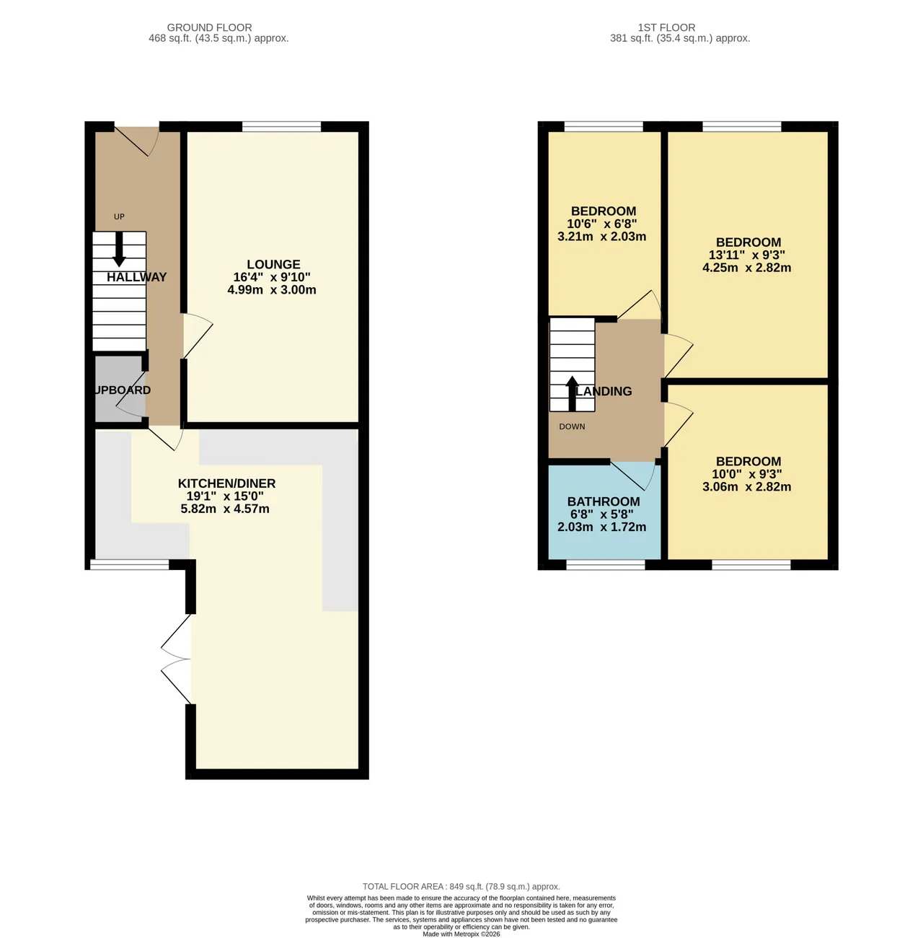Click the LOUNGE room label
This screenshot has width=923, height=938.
click(x=273, y=264)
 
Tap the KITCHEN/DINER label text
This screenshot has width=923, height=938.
click(x=226, y=483)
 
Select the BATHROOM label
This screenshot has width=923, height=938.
click(x=604, y=501)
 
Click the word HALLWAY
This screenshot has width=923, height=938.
click(x=137, y=277)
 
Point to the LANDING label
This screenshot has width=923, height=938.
click(x=604, y=391)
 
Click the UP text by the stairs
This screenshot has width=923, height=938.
click(x=119, y=216)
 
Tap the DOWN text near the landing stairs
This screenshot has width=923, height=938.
click(x=572, y=426)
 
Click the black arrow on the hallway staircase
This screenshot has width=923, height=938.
click(x=119, y=250)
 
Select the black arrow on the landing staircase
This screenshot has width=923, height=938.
click(x=573, y=394)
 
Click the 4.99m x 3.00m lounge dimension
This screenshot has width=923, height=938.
click(x=272, y=289)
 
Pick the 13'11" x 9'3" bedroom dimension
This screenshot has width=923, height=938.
click(x=747, y=255)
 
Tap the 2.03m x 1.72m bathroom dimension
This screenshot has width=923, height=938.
click(x=601, y=527)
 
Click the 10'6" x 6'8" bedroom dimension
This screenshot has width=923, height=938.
click(x=602, y=224)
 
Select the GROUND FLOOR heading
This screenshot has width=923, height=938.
click(x=209, y=27)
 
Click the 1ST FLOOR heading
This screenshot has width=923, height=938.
click(x=666, y=27)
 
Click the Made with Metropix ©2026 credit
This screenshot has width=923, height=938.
click(x=461, y=934)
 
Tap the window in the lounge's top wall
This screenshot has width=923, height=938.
click(x=282, y=126)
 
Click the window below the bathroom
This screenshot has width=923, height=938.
click(x=606, y=565)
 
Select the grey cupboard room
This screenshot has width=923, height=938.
click(x=119, y=390)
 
